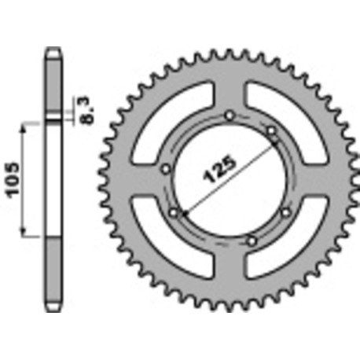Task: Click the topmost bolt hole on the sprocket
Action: pos(228,118)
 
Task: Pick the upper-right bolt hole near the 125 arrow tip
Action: pos(270,130)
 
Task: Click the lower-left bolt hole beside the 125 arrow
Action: pos(172,211)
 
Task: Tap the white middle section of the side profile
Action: pos(53,178)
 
